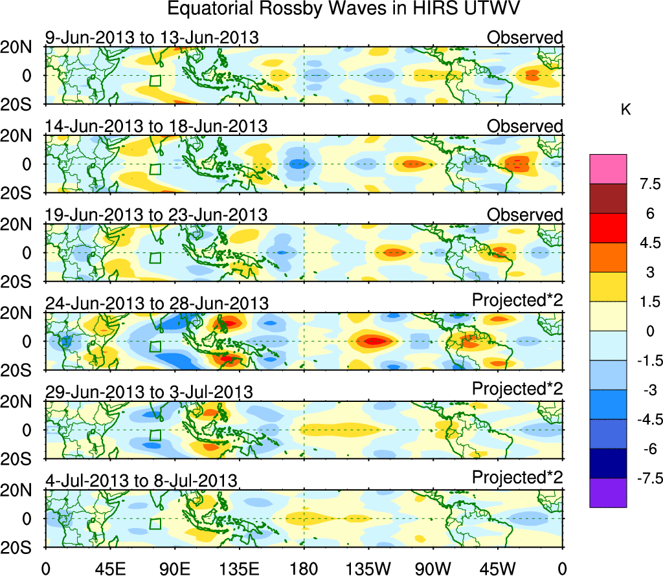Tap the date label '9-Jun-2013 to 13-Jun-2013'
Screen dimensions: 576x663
pyautogui.click(x=152, y=38)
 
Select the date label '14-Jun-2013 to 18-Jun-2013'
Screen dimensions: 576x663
pyautogui.click(x=157, y=126)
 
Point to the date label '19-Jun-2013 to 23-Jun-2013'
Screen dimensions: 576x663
pyautogui.click(x=157, y=215)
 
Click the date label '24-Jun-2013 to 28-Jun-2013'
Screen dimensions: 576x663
pyautogui.click(x=157, y=303)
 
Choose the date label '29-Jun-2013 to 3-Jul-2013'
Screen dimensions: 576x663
pyautogui.click(x=149, y=392)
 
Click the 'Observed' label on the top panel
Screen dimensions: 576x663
pyautogui.click(x=525, y=38)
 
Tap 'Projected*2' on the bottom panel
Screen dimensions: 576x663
pyautogui.click(x=517, y=478)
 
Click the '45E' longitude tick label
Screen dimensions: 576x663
pyautogui.click(x=109, y=568)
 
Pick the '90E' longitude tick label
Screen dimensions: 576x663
pyautogui.click(x=174, y=568)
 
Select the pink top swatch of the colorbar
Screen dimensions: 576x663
pyautogui.click(x=608, y=169)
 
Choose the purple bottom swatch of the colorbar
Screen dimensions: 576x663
pyautogui.click(x=608, y=493)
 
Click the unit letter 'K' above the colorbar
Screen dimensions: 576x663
pyautogui.click(x=625, y=111)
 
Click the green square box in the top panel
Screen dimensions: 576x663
pyautogui.click(x=155, y=81)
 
